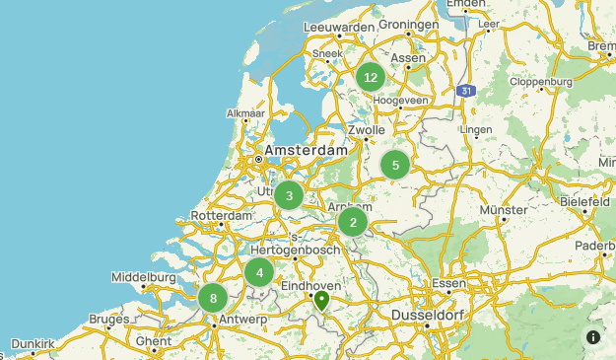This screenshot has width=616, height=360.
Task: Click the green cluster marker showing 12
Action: [x=371, y=77]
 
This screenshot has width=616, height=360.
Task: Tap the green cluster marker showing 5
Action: [x=395, y=165]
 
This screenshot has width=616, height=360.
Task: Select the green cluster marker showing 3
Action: [x=289, y=195]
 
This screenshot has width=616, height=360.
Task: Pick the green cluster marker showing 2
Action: [x=353, y=223]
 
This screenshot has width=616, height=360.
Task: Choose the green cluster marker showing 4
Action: [x=259, y=272]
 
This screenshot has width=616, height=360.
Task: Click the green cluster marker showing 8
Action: [x=213, y=298]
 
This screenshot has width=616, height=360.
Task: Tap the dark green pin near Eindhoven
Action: [x=321, y=300]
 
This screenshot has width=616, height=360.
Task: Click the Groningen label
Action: [x=408, y=25]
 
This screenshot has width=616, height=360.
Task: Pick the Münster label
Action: [x=504, y=210]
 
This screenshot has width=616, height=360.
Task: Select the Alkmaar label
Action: [x=246, y=114]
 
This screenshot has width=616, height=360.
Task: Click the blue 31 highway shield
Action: [x=465, y=91]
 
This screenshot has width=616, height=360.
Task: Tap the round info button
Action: [x=593, y=337]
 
